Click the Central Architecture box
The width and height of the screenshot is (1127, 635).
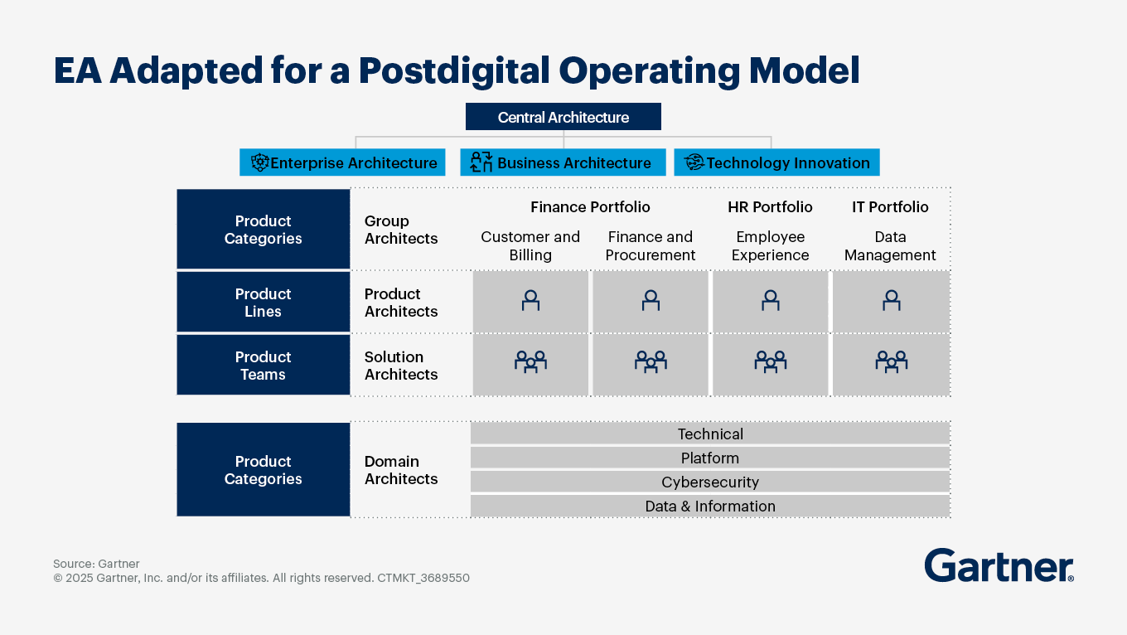click(563, 117)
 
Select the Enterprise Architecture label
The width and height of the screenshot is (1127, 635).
click(354, 163)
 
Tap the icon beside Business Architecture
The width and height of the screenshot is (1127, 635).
click(481, 162)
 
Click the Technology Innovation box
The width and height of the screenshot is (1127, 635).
click(776, 162)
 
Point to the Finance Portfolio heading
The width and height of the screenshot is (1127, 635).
click(590, 206)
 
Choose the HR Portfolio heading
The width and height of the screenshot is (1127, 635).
click(770, 206)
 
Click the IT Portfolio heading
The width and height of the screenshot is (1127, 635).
click(890, 206)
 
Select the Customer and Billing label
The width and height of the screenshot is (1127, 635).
click(530, 246)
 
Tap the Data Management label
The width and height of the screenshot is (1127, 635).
click(890, 246)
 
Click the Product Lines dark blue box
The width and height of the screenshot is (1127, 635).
click(263, 303)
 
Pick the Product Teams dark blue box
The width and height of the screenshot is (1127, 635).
click(263, 366)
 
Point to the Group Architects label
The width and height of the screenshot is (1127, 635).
click(401, 230)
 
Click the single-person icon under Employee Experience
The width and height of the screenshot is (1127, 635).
click(771, 300)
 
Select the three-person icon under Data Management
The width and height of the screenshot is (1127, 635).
click(891, 361)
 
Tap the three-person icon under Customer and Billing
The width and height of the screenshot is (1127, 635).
click(530, 361)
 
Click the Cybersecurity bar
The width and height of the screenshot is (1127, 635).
click(710, 482)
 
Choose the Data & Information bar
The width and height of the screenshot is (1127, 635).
click(710, 506)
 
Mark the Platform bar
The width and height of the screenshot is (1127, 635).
click(710, 458)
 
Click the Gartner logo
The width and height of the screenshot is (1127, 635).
click(999, 566)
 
